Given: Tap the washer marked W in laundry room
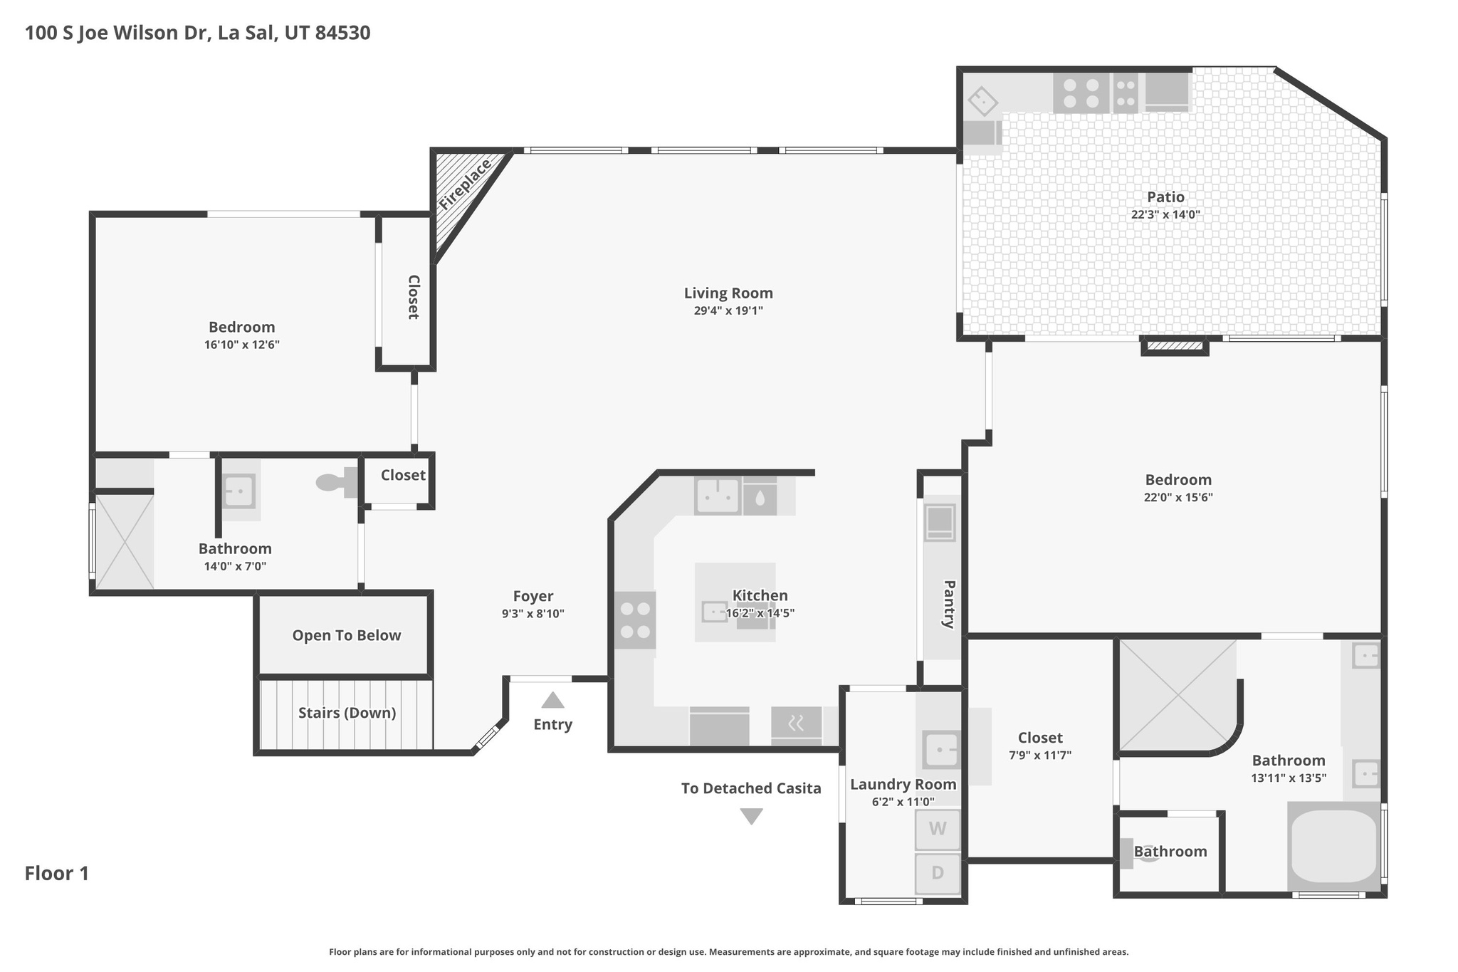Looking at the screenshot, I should pyautogui.click(x=937, y=829).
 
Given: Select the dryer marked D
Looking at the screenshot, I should pyautogui.click(x=937, y=873).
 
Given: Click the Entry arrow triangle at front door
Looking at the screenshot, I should pyautogui.click(x=552, y=701).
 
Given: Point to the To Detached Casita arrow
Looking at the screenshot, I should pyautogui.click(x=751, y=816).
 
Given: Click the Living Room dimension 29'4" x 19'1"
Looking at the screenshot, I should pyautogui.click(x=728, y=310).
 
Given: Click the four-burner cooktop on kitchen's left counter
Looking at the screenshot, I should pyautogui.click(x=634, y=620).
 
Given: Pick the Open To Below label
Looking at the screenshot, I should pyautogui.click(x=346, y=635).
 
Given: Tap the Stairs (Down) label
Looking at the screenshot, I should pyautogui.click(x=347, y=713).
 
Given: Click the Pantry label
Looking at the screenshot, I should pyautogui.click(x=948, y=604).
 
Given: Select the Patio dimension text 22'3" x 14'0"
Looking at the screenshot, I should pyautogui.click(x=1165, y=214).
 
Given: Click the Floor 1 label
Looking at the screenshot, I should pyautogui.click(x=57, y=873).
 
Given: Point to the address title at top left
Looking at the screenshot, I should pyautogui.click(x=197, y=33).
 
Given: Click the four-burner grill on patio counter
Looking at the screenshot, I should pyautogui.click(x=1081, y=93).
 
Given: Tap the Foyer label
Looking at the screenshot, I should pyautogui.click(x=533, y=596).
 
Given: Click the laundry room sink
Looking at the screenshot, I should pyautogui.click(x=940, y=750).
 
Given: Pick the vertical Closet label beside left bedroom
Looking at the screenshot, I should pyautogui.click(x=412, y=296).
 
